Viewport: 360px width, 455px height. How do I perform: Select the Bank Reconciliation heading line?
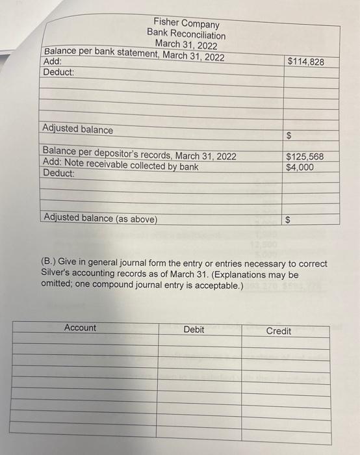coord(186,34)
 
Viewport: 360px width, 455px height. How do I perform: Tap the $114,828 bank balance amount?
coord(314,62)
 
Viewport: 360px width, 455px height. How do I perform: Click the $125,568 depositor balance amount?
coord(313,157)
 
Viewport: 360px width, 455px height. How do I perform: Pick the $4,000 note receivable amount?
coord(300,168)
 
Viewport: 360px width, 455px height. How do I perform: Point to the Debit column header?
coord(194,330)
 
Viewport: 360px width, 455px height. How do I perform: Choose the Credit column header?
coord(279,331)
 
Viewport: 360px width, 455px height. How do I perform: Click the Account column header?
coord(80,328)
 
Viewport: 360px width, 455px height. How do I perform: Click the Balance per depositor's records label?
coord(139,156)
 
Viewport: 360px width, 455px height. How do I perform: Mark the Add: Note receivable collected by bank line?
coord(120,166)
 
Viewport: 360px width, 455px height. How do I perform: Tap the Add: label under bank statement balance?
coord(52,62)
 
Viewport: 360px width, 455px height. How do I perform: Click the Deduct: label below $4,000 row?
coord(58,174)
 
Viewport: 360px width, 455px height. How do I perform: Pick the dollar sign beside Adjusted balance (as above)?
coord(289,220)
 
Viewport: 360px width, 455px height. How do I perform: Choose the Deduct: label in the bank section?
coord(58,71)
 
